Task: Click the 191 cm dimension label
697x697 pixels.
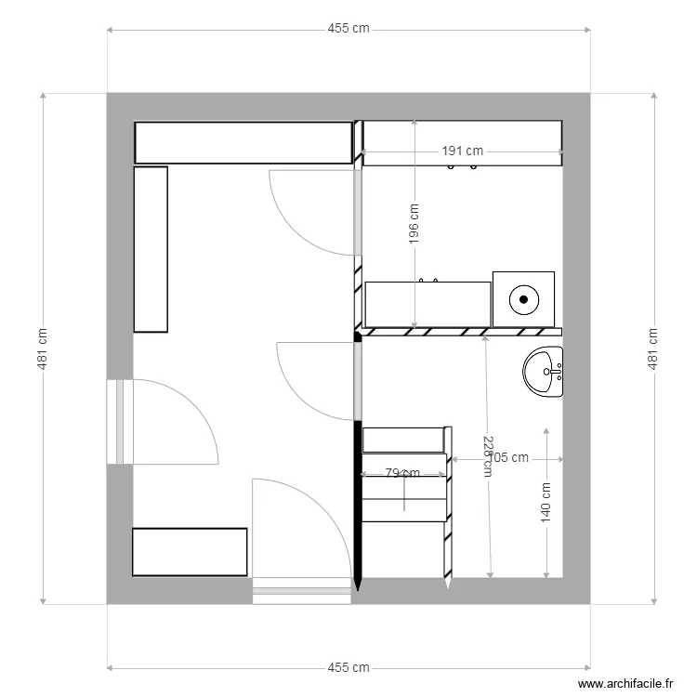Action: tap(462, 151)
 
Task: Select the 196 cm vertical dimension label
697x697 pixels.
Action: tap(414, 224)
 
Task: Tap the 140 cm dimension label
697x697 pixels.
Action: tap(546, 502)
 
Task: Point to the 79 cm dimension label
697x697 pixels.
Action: tap(402, 473)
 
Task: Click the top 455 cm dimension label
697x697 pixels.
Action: tap(348, 29)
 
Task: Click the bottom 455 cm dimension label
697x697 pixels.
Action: tap(348, 667)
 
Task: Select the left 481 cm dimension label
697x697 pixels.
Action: tap(43, 348)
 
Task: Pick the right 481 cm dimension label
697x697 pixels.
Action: tap(652, 348)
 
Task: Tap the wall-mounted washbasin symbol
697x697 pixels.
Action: tap(544, 372)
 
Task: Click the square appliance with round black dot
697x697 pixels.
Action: tap(523, 299)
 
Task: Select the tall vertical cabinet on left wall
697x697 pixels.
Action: tap(151, 249)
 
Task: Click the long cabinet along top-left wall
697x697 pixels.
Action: tap(243, 143)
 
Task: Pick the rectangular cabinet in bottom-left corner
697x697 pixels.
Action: tap(190, 552)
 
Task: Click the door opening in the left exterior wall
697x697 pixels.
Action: tap(120, 422)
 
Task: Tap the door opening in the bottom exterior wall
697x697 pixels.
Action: tap(302, 589)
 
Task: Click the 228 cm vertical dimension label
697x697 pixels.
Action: tap(487, 455)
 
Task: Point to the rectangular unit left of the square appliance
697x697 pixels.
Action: tap(427, 305)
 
